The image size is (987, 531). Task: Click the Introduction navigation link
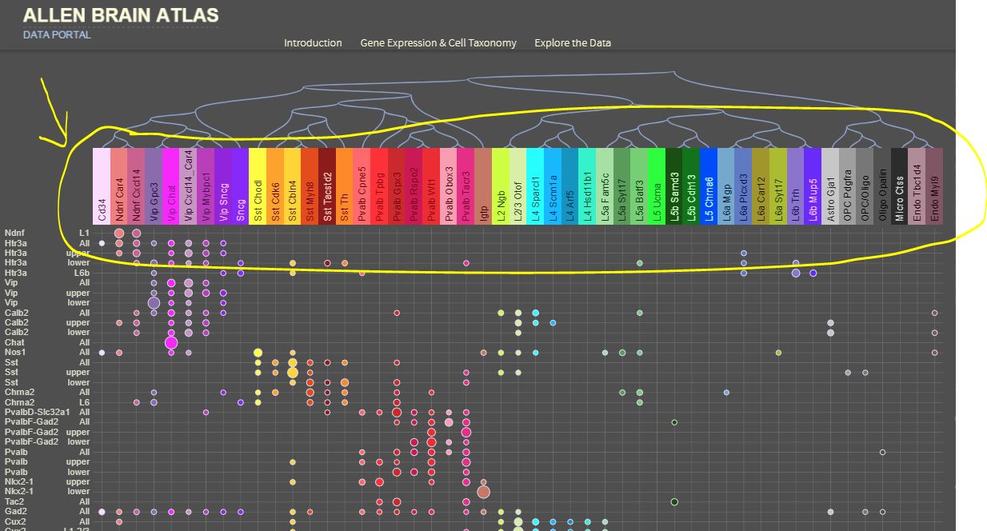pos(313,43)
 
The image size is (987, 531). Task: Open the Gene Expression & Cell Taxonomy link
pos(438,43)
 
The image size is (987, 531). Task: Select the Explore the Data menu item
pos(573,43)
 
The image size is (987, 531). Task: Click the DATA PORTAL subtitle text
pos(57,35)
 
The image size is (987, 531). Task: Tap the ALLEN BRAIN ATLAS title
pos(121,15)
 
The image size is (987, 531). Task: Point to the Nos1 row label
pos(15,353)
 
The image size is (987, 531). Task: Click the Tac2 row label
pos(15,501)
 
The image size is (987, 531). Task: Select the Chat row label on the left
pos(15,342)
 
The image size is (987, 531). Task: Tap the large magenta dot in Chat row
pos(170,343)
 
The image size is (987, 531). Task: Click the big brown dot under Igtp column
pos(483,492)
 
